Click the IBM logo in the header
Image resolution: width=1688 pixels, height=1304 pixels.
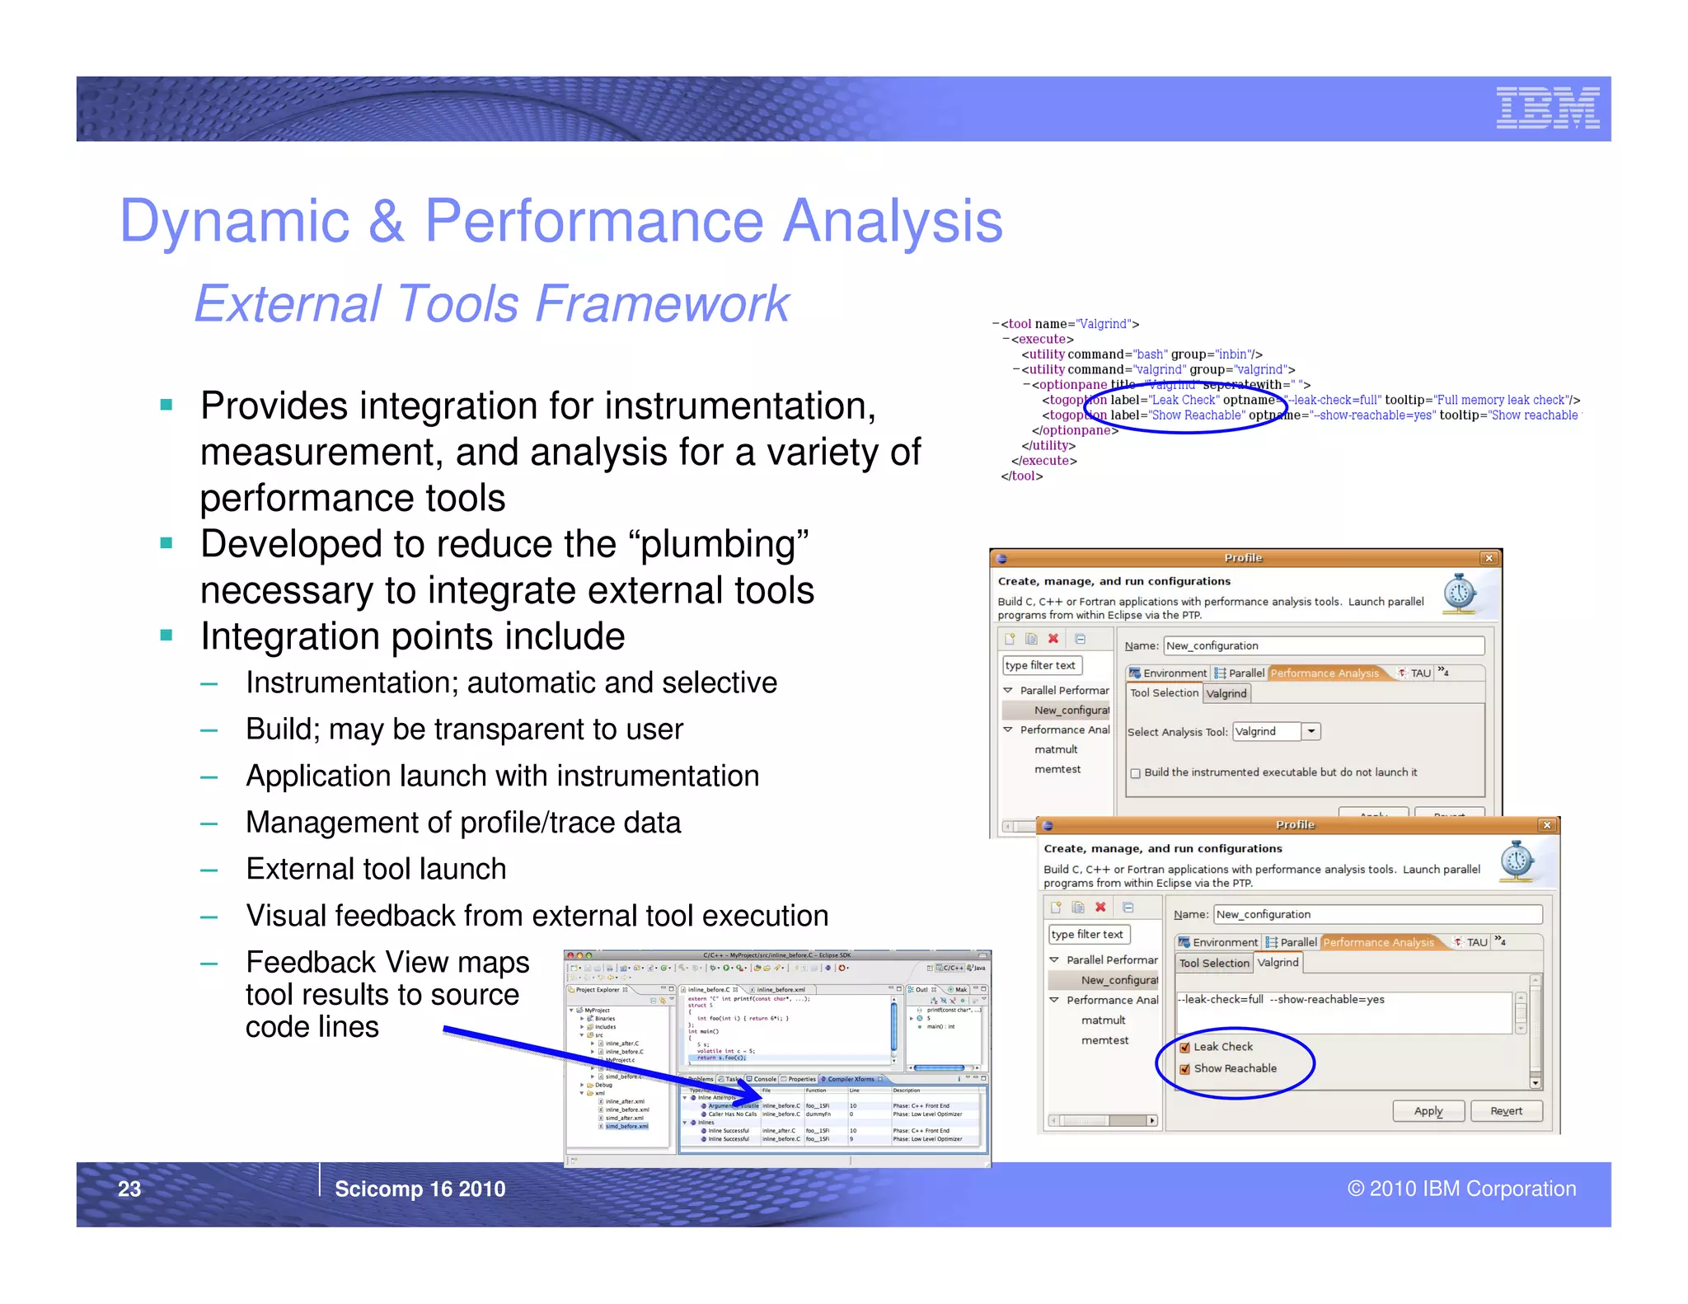coord(1547,108)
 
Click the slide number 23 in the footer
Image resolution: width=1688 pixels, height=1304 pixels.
coord(129,1189)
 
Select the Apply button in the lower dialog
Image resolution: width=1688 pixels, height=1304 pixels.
coord(1428,1111)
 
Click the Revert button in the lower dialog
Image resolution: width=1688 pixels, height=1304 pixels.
coord(1506,1111)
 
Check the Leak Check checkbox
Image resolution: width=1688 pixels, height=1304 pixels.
coord(1185,1047)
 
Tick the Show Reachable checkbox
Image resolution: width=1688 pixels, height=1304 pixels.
coord(1185,1069)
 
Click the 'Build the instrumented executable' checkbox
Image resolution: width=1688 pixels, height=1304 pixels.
coord(1136,773)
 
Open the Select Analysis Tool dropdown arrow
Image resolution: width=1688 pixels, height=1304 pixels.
coord(1311,731)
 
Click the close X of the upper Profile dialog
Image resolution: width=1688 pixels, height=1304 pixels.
coord(1489,558)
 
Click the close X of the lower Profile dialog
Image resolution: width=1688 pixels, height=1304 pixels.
coord(1546,825)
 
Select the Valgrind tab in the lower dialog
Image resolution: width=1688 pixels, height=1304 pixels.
coord(1278,962)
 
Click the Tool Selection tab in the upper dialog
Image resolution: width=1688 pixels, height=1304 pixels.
coord(1164,693)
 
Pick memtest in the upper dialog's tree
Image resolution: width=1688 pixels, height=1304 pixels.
coord(1057,769)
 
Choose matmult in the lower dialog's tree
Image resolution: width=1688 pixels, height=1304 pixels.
coord(1103,1020)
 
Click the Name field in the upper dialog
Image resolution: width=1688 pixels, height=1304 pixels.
coord(1323,645)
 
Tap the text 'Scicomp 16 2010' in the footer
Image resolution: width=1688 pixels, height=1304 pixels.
coord(420,1189)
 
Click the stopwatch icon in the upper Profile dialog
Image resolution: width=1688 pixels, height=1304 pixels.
coord(1460,593)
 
